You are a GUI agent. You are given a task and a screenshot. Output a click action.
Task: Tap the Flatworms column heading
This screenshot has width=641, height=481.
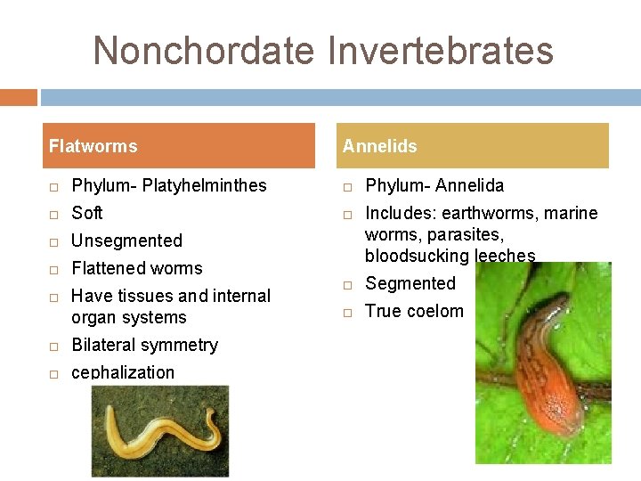tap(93, 146)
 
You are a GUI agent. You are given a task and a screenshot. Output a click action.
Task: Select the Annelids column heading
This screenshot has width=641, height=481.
tap(379, 146)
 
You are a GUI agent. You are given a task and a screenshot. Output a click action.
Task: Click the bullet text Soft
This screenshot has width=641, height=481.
tap(87, 214)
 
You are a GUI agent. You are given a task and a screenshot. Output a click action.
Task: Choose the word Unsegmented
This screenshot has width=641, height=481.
tap(126, 241)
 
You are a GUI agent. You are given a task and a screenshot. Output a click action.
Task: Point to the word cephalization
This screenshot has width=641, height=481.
tap(123, 372)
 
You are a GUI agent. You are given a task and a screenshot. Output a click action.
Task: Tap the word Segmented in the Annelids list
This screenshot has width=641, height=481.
tap(410, 284)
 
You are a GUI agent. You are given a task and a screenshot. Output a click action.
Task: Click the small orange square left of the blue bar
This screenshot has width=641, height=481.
tap(19, 97)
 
